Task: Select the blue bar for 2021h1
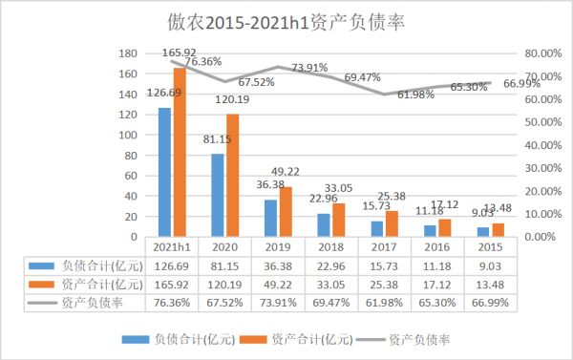[165, 172]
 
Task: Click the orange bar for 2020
[232, 175]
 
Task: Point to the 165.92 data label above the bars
[180, 53]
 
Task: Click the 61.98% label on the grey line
[415, 95]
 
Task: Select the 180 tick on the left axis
[128, 53]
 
